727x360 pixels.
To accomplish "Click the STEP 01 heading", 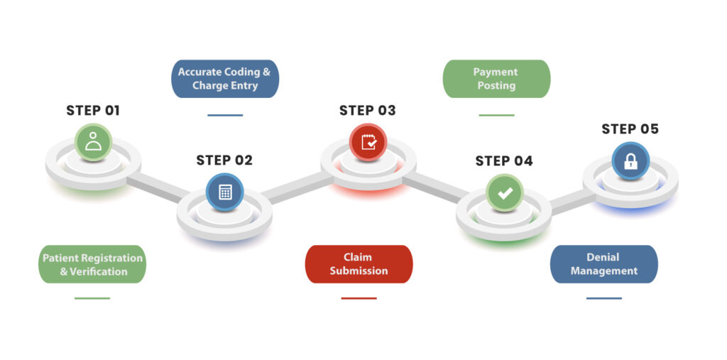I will click(x=93, y=111).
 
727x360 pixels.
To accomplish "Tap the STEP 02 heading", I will click(x=224, y=160).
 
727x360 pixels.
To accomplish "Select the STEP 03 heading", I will click(x=367, y=111).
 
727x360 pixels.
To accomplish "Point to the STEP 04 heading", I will click(x=504, y=161).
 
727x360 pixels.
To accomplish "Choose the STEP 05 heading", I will click(x=630, y=129).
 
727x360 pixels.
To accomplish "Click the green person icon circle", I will click(x=94, y=141).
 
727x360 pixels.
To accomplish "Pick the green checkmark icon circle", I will click(x=505, y=192).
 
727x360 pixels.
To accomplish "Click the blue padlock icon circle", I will click(x=630, y=160).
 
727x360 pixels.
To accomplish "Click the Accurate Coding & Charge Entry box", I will click(x=225, y=79).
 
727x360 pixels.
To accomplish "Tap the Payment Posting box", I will click(x=496, y=79).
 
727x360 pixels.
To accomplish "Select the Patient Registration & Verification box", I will click(x=92, y=264).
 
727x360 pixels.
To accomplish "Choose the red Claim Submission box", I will click(x=359, y=264).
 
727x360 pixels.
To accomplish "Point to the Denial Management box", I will click(x=604, y=264).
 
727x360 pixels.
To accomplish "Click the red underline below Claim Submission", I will click(x=359, y=298).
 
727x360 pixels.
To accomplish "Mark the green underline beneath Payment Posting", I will click(x=496, y=115).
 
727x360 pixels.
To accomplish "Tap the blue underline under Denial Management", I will click(x=604, y=298).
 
